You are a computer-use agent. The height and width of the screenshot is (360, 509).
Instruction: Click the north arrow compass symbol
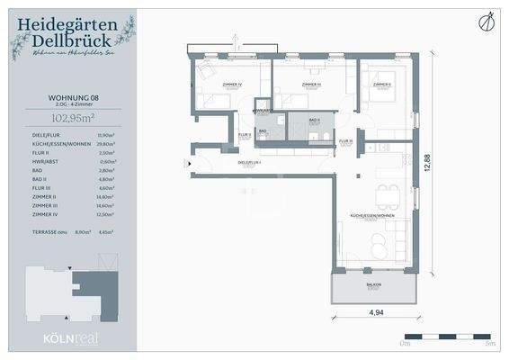[x=487, y=21]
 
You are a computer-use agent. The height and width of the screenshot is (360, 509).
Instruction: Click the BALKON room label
[x=372, y=284]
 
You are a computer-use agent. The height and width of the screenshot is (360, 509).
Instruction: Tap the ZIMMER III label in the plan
[x=311, y=84]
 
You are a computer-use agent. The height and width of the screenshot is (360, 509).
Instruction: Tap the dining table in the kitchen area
[x=388, y=192]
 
